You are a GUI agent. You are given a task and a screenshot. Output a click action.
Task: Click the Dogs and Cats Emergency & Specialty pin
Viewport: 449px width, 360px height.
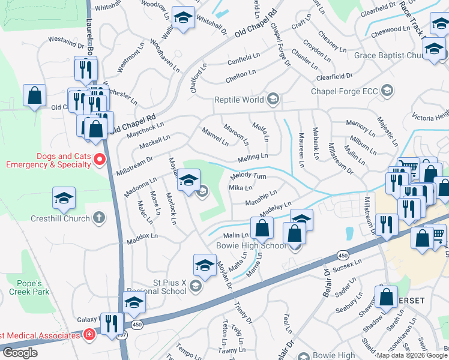[x=100, y=160]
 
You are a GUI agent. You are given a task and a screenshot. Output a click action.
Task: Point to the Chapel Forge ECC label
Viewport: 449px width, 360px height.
[x=343, y=91]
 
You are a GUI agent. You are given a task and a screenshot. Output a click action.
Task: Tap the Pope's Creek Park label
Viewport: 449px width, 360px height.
[x=25, y=287]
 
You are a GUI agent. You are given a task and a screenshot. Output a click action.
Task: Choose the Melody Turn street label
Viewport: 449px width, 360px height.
[x=249, y=176]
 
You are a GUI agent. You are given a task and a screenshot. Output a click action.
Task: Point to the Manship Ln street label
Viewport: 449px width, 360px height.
[x=261, y=197]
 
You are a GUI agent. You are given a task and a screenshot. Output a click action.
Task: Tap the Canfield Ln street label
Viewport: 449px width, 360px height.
[x=243, y=59]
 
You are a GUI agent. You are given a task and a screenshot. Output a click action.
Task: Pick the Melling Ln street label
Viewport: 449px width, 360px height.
[x=252, y=157]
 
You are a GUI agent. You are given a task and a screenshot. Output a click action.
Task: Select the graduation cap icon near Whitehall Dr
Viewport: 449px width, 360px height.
[x=184, y=18]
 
